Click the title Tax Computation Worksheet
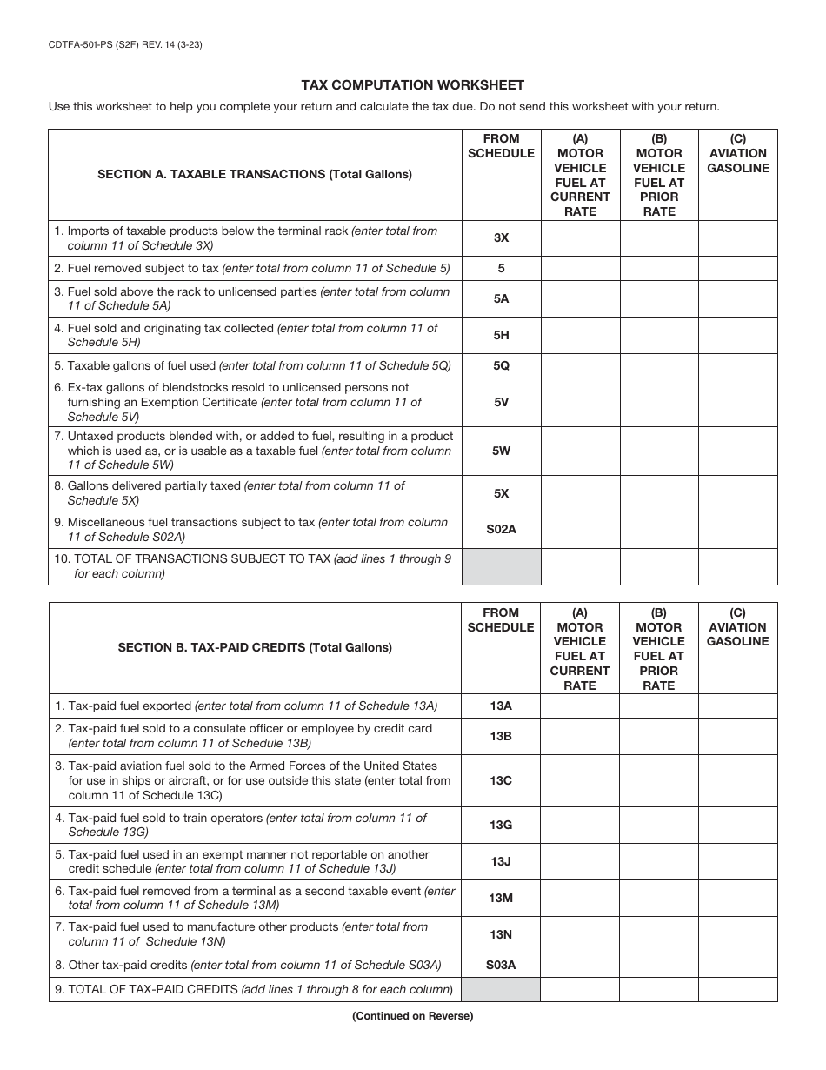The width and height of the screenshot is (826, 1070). click(x=412, y=85)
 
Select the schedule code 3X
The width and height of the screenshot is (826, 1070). click(x=501, y=238)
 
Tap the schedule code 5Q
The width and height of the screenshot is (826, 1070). click(x=501, y=365)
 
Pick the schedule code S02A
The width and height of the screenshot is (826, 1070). click(x=501, y=529)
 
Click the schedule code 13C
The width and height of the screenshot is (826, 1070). click(x=501, y=780)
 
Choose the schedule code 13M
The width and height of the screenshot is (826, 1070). click(x=501, y=898)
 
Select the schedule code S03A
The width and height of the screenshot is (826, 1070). click(x=501, y=965)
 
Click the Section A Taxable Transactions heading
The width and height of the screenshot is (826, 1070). click(x=255, y=174)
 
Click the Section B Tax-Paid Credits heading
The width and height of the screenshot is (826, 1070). click(x=255, y=647)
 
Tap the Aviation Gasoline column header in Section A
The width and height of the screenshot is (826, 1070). click(x=737, y=153)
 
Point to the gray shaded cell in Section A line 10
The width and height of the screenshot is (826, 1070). click(x=501, y=566)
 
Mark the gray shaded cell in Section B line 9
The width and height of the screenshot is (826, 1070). click(x=501, y=989)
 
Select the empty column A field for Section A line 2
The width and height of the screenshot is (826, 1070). click(x=580, y=269)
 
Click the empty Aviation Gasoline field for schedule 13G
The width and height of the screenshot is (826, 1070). click(x=737, y=824)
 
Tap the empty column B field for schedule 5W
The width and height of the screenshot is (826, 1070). click(x=658, y=451)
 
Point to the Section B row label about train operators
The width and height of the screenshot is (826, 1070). click(x=248, y=825)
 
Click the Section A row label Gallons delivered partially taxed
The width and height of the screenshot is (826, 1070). click(x=236, y=492)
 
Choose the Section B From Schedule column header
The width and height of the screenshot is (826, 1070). click(x=501, y=619)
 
